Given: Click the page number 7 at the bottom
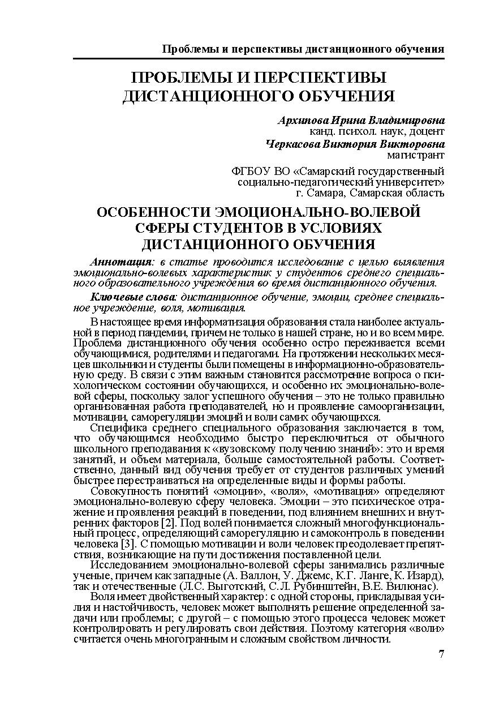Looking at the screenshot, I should point(441,654).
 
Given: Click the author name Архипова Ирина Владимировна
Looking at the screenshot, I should point(361,121).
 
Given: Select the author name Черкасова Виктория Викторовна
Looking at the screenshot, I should point(355,144).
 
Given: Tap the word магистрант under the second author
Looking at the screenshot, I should point(416,155).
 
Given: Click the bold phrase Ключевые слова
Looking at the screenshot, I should point(134,297).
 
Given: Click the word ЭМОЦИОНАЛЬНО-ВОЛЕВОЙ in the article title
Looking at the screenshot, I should point(317,213).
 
